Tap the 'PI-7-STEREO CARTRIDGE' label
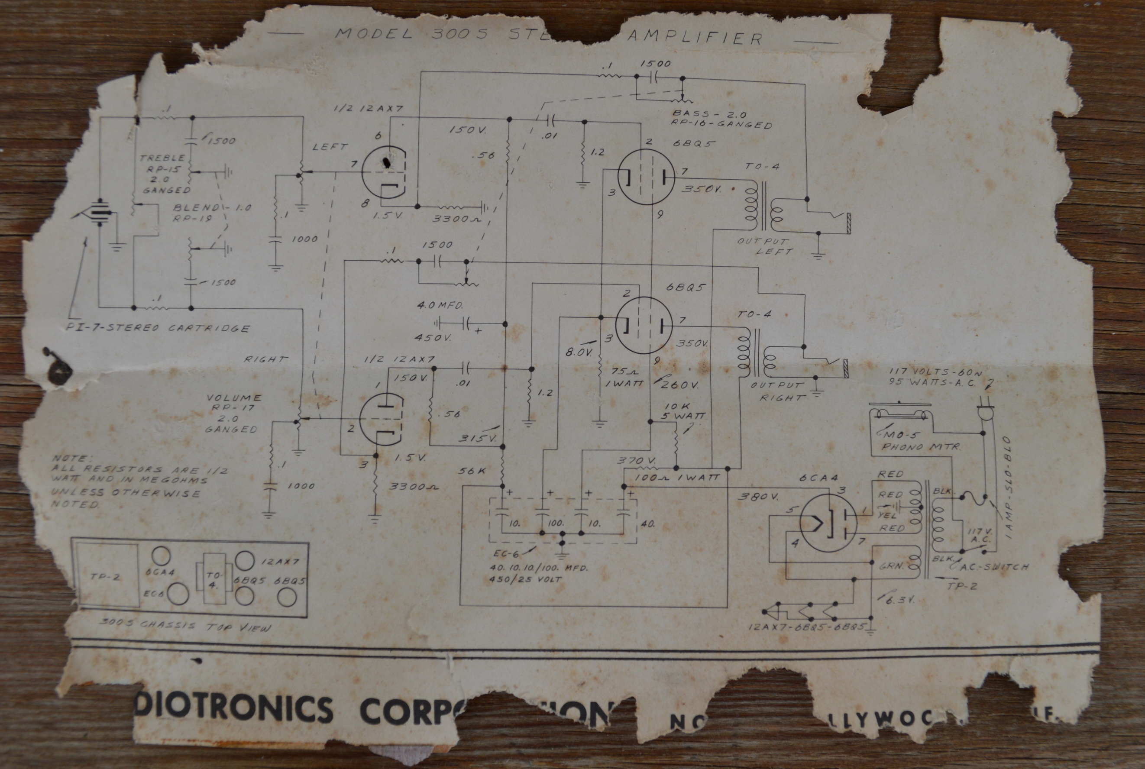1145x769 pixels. click(x=158, y=328)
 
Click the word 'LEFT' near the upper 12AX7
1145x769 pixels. click(x=330, y=147)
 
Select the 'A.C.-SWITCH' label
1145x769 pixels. click(x=998, y=566)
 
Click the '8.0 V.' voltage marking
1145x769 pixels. click(x=579, y=352)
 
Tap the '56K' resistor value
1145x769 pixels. click(x=471, y=471)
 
